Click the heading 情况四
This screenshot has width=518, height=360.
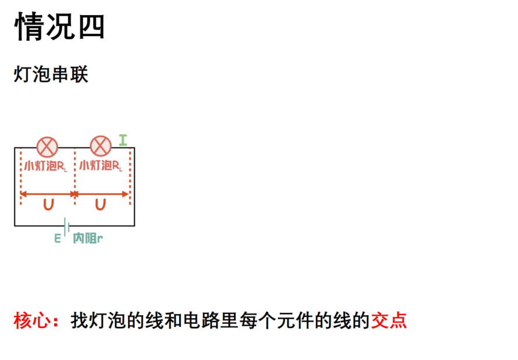59,26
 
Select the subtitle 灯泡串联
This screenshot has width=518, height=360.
51,74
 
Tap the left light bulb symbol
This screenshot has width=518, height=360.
47,147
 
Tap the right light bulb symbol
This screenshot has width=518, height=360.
101,146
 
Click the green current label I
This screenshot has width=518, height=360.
123,140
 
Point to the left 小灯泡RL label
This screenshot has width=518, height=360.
45,166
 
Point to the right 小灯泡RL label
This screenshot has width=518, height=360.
101,165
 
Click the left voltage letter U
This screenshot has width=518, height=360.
48,205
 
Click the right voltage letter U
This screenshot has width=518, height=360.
101,205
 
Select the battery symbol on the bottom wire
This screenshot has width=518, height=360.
66,227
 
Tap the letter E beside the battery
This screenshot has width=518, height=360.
58,238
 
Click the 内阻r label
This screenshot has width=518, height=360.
88,238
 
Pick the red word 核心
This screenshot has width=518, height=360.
31,320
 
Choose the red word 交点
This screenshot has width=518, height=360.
389,320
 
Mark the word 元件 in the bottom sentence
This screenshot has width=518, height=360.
295,320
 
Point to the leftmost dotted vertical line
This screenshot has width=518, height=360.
21,177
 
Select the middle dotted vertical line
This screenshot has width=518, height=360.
75,177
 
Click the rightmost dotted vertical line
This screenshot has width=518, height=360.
130,177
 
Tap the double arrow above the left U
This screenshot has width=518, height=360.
48,194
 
